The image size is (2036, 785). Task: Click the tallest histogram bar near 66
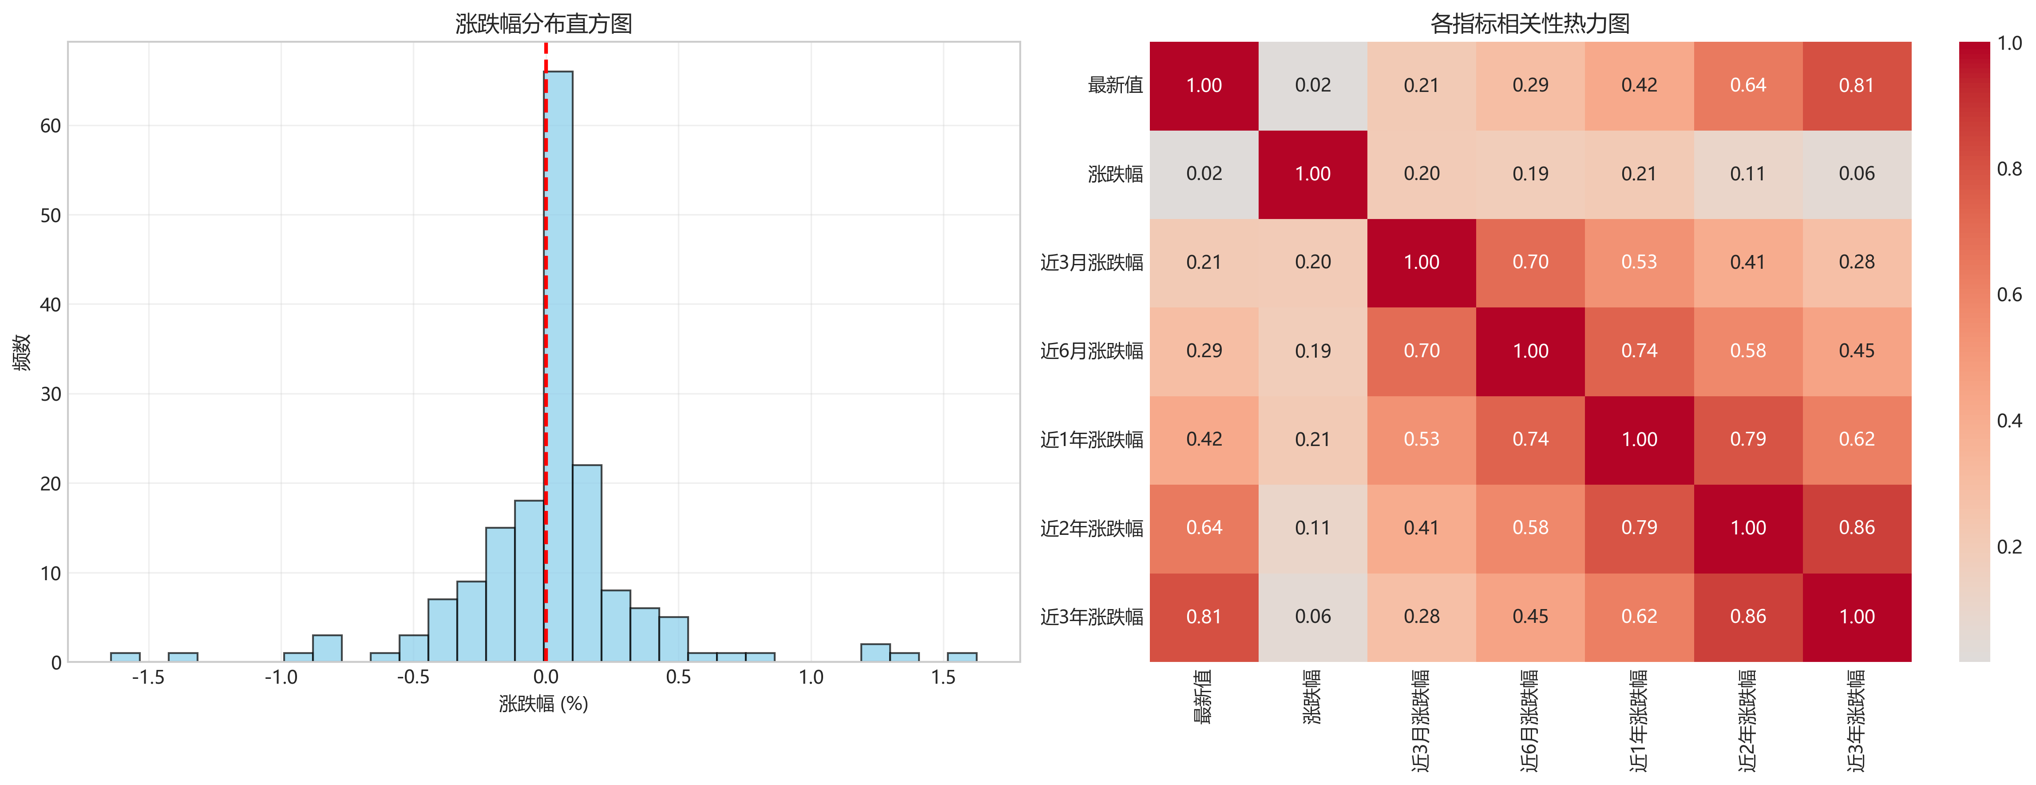559,364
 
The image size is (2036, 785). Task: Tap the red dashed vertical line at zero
545,237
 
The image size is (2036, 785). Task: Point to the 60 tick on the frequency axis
51,126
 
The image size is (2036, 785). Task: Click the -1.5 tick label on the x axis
148,677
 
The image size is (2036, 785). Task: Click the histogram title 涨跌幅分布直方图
544,24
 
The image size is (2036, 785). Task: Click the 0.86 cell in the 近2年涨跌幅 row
1857,528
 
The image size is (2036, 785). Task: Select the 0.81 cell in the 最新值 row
1857,85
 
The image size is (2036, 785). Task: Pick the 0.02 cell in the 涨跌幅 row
1204,174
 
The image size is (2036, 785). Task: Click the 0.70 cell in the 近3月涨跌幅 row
1530,263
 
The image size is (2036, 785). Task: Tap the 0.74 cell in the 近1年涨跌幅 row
1530,439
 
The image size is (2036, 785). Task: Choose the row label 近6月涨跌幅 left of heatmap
1092,351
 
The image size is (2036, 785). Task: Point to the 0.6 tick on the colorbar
2009,295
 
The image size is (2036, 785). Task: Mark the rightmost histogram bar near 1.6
962,657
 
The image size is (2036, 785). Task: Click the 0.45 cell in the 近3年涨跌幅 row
1530,617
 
